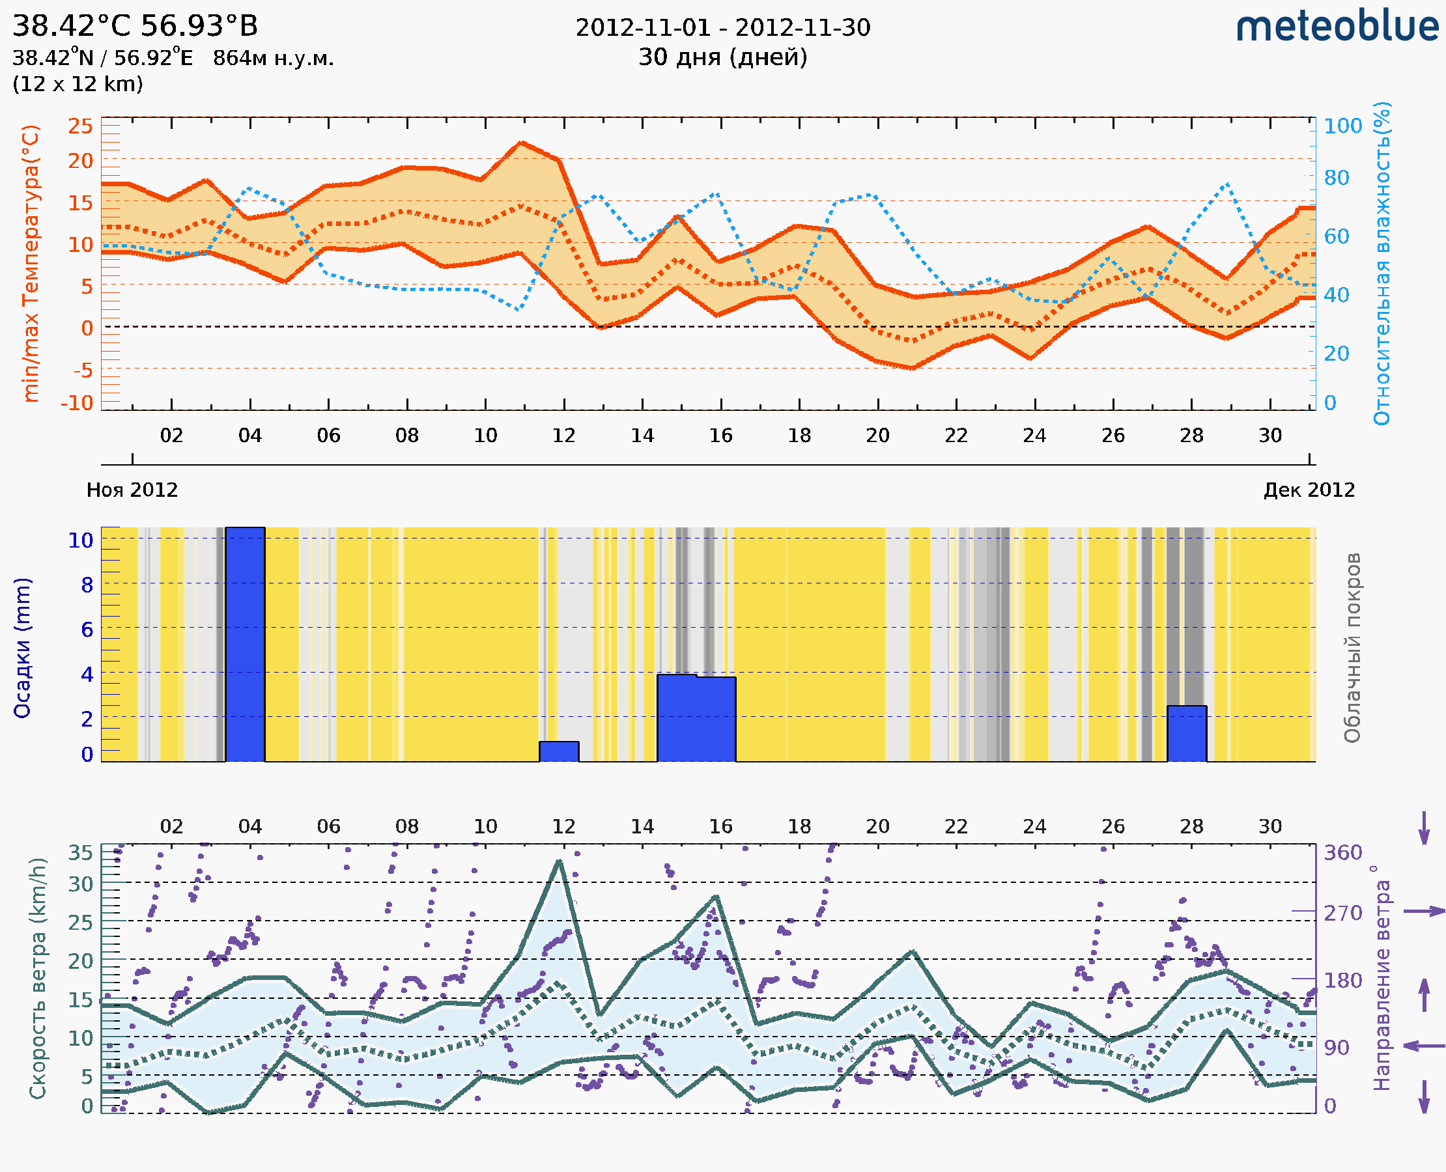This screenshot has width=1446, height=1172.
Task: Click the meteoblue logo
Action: pos(1337,27)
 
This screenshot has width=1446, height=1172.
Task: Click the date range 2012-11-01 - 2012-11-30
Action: pos(722,28)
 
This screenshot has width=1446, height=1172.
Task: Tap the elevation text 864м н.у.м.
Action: pos(273,58)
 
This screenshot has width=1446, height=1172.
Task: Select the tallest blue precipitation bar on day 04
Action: pos(245,645)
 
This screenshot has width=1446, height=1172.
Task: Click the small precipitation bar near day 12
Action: pos(559,751)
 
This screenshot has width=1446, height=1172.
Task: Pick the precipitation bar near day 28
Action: pos(1187,734)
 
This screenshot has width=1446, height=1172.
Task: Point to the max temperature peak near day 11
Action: pos(521,143)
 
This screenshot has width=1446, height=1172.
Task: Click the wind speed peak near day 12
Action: pos(560,861)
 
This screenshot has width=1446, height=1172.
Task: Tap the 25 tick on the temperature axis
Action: pos(80,126)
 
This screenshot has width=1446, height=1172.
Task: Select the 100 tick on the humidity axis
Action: pos(1342,126)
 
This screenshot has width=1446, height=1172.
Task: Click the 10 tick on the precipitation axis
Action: pos(80,540)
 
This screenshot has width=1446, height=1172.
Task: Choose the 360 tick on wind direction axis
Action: pos(1342,853)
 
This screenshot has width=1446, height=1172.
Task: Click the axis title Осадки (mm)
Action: pos(22,648)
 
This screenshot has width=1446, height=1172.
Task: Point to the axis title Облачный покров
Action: pos(1352,648)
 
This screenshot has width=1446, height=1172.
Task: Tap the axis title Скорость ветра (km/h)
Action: pos(37,979)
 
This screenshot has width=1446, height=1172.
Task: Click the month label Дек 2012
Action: pos(1309,490)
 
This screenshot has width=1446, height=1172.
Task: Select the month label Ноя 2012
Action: pos(132,490)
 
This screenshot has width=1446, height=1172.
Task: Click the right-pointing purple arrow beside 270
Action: pos(1424,912)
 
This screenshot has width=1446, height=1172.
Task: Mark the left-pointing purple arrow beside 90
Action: pos(1424,1046)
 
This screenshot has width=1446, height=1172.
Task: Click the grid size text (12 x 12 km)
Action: pos(78,84)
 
